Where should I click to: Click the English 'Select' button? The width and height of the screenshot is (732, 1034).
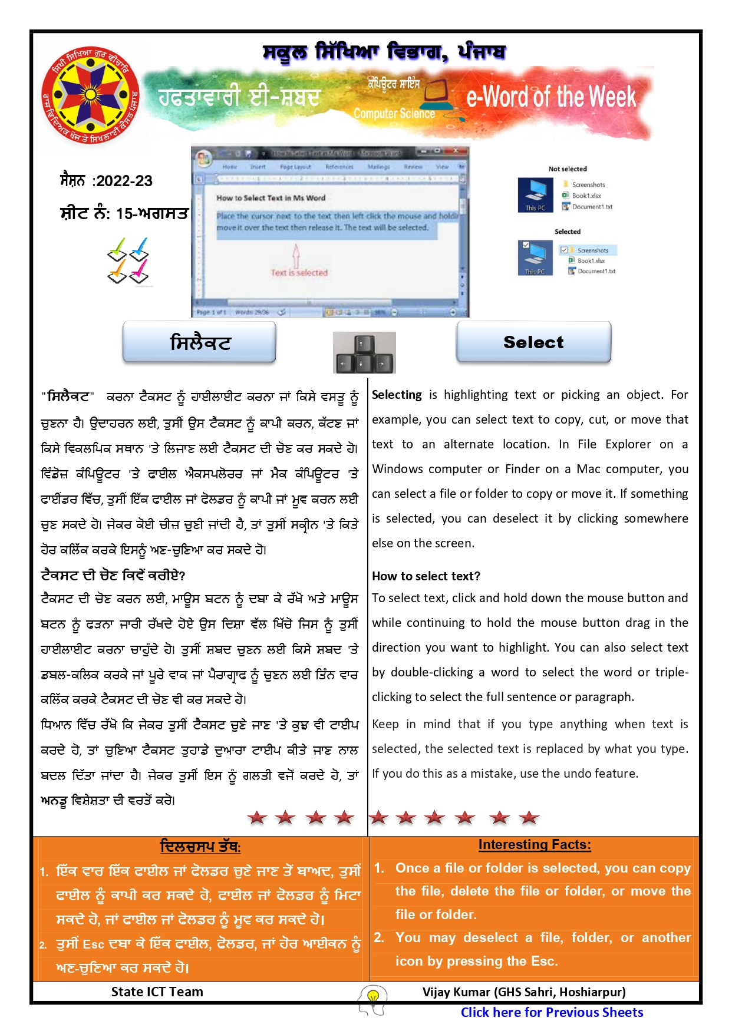coord(533,342)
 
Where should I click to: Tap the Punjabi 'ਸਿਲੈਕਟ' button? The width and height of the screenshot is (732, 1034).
coord(199,342)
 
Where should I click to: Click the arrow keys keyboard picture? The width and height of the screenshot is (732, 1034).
coord(364,352)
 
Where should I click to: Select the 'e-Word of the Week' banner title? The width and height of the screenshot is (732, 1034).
coord(551,97)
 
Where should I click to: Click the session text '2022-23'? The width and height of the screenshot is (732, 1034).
coord(124,181)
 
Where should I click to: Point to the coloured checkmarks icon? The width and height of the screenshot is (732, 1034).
coord(128,260)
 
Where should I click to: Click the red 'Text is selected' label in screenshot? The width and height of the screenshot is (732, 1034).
coord(299,273)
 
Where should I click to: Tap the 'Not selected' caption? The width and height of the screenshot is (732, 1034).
coord(568,169)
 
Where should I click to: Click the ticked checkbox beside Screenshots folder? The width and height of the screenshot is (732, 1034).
coord(563,250)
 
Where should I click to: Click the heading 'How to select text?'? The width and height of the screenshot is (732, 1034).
coord(426,576)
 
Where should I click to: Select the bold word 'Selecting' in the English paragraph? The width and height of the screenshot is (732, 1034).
coord(397,395)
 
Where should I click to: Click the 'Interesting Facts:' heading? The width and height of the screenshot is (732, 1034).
coord(534,845)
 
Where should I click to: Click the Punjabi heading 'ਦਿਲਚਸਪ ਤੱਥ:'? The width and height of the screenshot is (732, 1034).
coord(200,847)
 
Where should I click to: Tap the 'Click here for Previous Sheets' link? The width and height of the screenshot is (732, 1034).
coord(552,1012)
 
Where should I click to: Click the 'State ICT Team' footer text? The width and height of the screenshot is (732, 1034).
coord(157,992)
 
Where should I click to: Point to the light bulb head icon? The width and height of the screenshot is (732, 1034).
coord(372,999)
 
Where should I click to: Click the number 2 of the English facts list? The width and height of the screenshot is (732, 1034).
coord(379,937)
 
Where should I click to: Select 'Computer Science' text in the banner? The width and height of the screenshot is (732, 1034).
coord(394,114)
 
